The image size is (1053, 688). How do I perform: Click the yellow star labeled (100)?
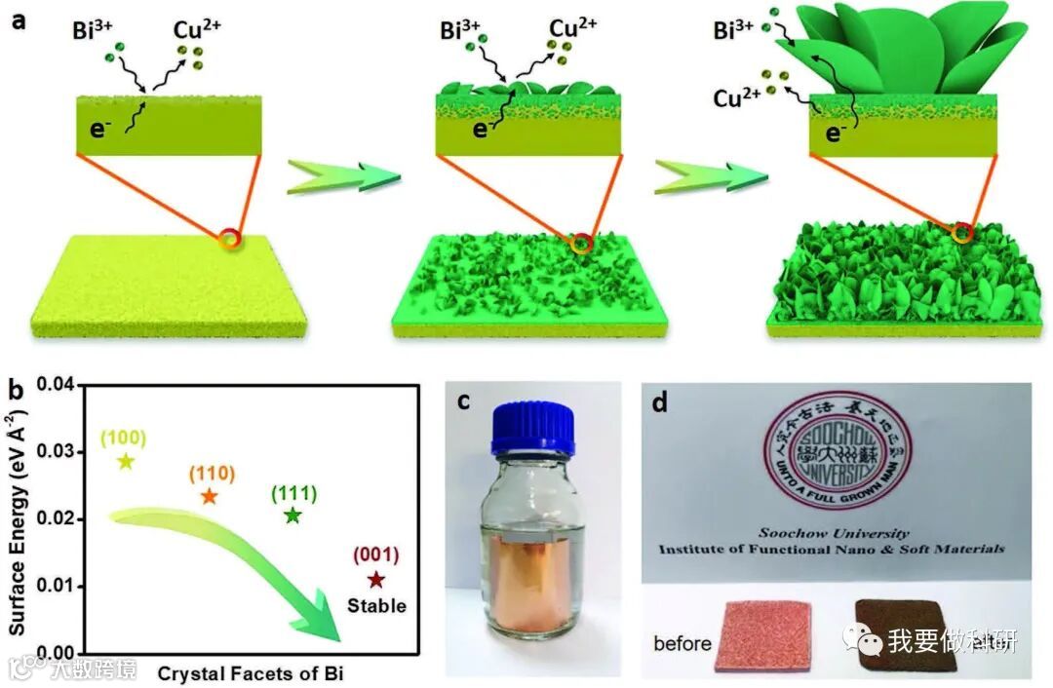point(124,460)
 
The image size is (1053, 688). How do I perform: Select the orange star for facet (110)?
point(209,496)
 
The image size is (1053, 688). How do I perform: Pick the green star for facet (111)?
point(292,516)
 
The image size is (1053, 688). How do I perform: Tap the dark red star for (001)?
point(376,580)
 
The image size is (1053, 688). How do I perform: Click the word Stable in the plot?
point(376,606)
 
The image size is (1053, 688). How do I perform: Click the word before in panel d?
point(682,644)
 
